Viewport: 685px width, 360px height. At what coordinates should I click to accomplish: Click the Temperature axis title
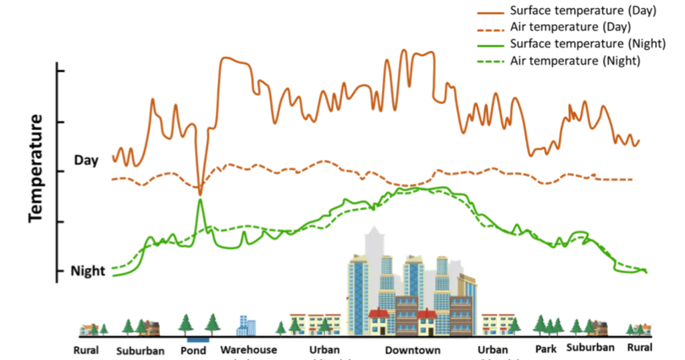[35, 167]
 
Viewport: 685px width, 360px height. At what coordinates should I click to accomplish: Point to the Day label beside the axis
[86, 161]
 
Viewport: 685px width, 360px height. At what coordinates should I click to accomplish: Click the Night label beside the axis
[88, 271]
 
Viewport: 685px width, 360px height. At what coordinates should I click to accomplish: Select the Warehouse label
[248, 350]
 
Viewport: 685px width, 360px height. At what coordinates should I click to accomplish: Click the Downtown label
[413, 351]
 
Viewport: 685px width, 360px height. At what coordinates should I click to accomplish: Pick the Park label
[546, 349]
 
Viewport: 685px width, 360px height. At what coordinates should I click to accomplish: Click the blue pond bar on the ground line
[198, 339]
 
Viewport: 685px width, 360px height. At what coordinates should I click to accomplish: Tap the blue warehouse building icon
[246, 325]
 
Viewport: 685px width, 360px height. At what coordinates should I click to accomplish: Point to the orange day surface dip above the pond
[200, 191]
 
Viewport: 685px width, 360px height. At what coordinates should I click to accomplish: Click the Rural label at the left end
[86, 350]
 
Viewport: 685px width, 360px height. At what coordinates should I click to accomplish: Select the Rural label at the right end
[640, 348]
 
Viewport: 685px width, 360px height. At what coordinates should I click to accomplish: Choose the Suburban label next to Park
[590, 348]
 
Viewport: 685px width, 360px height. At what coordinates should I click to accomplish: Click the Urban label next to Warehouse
[324, 350]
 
